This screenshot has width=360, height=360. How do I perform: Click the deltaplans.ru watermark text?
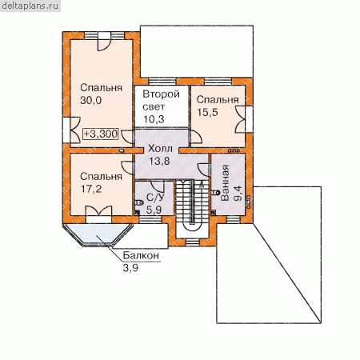30,6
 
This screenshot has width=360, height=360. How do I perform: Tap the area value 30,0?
90,100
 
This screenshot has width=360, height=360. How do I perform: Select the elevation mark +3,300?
101,134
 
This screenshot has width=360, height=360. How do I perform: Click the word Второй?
161,94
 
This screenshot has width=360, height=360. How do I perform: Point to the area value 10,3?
154,119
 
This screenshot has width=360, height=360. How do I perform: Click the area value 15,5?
207,112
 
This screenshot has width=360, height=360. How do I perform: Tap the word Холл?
160,149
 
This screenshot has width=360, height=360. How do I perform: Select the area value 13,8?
159,161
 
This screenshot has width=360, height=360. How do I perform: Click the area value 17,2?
91,189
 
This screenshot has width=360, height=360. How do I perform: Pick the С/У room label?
155,198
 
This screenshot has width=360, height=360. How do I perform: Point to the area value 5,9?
154,210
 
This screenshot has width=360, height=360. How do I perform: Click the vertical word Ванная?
225,183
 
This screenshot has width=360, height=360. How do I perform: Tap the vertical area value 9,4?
238,193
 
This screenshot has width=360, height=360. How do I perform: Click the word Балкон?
141,255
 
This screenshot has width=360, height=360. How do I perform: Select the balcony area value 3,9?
130,268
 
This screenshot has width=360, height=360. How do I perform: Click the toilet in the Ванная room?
215,192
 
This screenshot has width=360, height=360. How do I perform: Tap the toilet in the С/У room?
139,202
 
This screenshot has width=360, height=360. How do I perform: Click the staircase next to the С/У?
192,206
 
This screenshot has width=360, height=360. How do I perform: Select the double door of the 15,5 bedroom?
240,119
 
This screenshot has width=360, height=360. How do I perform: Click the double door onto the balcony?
98,211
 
